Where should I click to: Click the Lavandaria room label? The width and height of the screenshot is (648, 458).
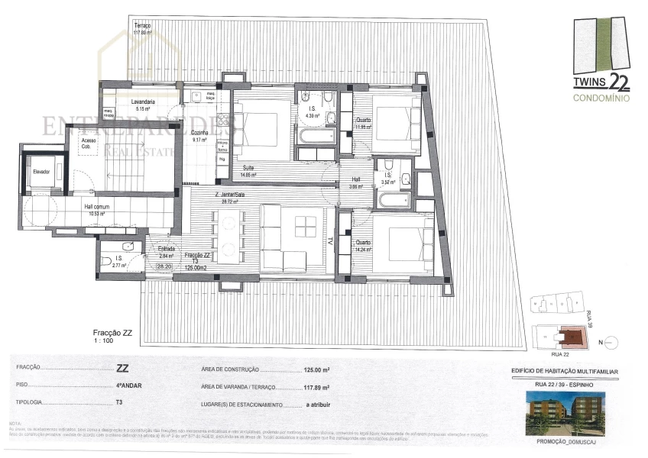click(x=143, y=102)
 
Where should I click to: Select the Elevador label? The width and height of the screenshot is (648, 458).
click(x=40, y=172)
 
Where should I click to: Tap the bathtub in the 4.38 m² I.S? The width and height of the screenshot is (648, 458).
click(x=313, y=137)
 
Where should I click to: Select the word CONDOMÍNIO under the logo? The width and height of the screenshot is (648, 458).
click(x=602, y=97)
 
